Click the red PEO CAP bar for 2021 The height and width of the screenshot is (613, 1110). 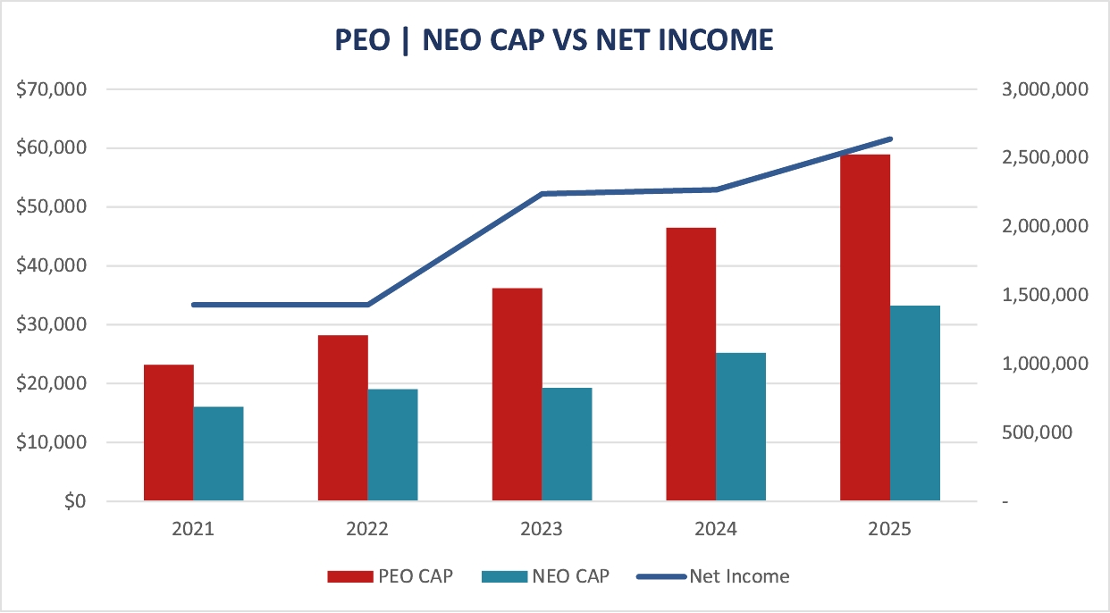(x=169, y=432)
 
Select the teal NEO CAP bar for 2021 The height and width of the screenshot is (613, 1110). (x=218, y=453)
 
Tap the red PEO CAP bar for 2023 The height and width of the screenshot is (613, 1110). (x=517, y=394)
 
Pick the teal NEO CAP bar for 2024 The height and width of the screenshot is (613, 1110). (x=740, y=426)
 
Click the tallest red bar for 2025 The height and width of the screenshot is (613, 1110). (x=865, y=327)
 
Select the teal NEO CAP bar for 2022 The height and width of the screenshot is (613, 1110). (x=392, y=444)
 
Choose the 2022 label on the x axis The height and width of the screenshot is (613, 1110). (x=367, y=529)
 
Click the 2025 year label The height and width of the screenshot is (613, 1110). (x=889, y=529)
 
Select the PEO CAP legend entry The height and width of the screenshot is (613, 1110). (x=390, y=576)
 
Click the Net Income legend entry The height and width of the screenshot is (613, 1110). (x=713, y=576)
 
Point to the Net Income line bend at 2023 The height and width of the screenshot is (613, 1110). (x=542, y=194)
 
